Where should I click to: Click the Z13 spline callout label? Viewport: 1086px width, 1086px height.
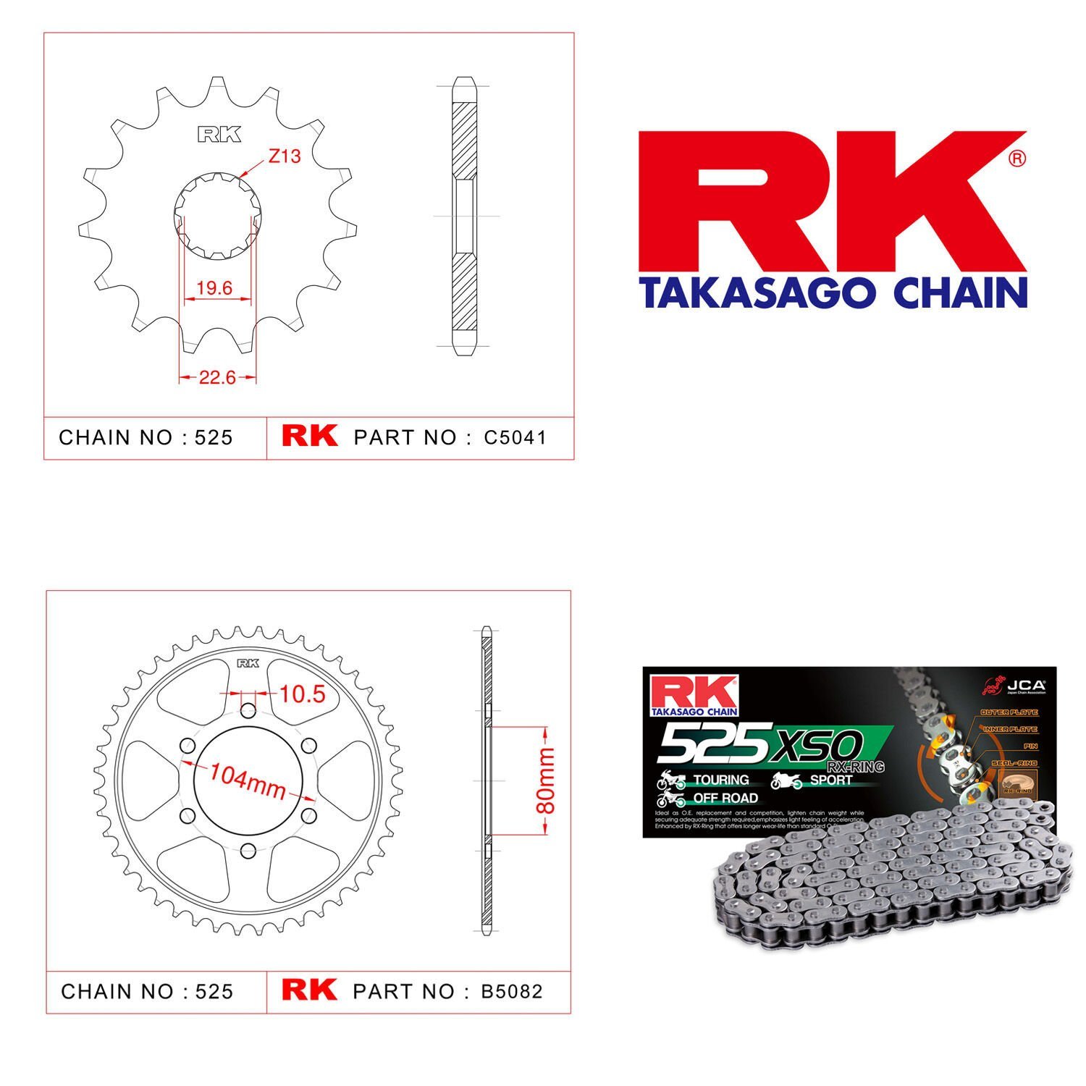284,156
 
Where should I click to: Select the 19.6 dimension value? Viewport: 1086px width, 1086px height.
214,288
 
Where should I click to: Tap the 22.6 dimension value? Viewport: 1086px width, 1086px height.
217,377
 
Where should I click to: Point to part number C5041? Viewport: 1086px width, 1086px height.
515,437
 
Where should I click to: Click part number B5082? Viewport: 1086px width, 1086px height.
512,991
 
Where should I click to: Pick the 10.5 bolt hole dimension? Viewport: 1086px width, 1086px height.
302,694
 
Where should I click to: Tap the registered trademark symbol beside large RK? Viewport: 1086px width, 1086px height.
1017,158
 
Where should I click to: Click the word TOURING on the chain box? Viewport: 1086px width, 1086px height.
721,780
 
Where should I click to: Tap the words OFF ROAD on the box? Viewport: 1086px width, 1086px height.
725,798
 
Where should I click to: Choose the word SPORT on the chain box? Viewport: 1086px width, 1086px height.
830,780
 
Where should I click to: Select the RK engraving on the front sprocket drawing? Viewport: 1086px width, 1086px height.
219,135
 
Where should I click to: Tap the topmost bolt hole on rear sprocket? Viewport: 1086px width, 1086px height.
248,709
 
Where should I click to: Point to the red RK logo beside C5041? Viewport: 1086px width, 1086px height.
309,436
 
